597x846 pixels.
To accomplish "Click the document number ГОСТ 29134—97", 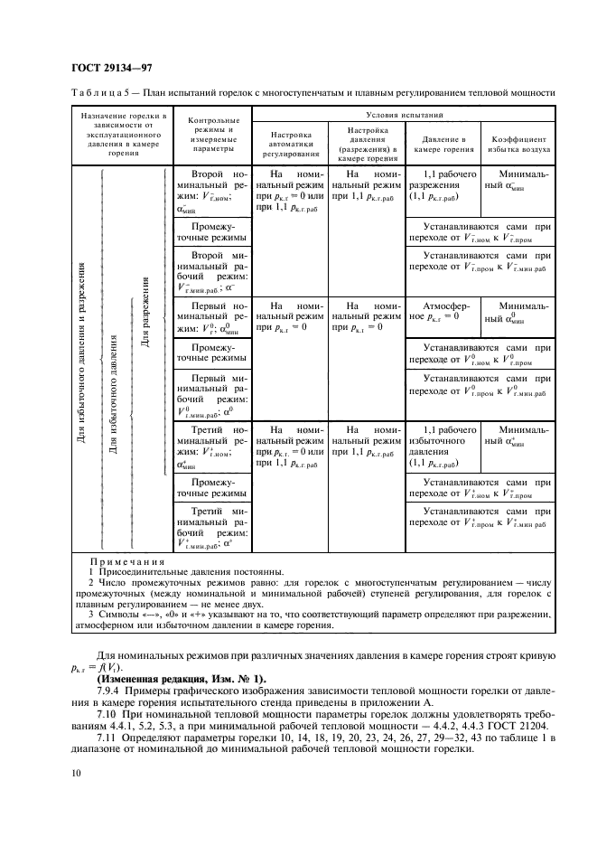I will [x=102, y=68].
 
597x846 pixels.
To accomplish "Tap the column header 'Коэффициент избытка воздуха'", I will [x=518, y=146].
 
